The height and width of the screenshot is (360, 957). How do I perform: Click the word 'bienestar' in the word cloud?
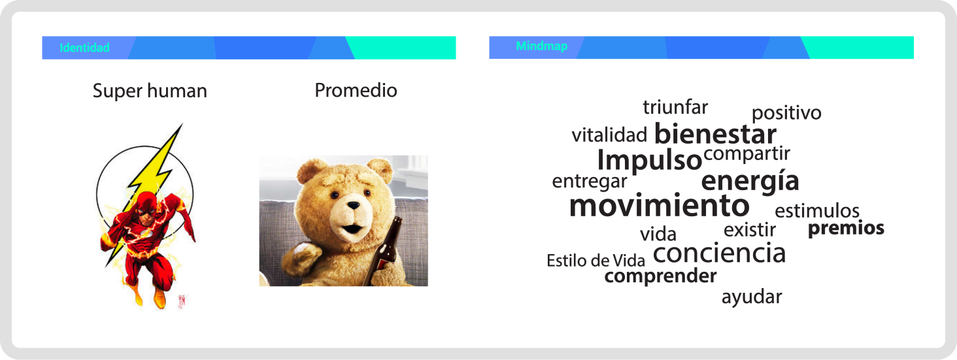coord(715,135)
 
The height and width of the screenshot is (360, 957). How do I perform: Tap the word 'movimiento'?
coord(659,206)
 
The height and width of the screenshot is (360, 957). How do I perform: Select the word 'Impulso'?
coord(649,160)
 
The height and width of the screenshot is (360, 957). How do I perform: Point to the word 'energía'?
coord(750,181)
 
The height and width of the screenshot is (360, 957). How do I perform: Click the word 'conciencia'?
coord(719,254)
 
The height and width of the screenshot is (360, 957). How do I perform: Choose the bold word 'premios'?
coord(846,228)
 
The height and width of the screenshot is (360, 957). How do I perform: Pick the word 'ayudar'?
coord(752,297)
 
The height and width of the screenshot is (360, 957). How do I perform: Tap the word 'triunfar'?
coord(675,107)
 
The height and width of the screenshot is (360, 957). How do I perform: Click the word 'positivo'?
coord(786,113)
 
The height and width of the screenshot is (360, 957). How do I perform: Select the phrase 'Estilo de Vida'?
coord(596,261)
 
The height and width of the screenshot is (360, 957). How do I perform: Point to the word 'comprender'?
coord(660,276)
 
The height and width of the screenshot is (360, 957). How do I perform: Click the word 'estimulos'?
coord(816,211)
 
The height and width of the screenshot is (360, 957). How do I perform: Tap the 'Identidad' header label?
coord(84,48)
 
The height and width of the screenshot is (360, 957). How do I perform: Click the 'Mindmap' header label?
coord(541,46)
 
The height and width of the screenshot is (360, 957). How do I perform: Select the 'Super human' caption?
coord(150,91)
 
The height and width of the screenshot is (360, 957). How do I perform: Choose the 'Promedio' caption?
coord(356,90)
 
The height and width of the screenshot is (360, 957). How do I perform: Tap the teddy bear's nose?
coord(353,206)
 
